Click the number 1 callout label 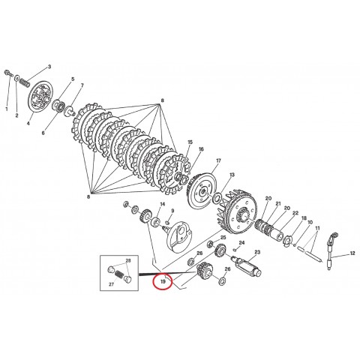point(8,109)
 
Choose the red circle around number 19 point(163,283)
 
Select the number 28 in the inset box point(127,260)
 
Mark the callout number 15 point(190,142)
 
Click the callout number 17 point(218,161)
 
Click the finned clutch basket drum point(241,214)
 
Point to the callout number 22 point(294,212)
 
